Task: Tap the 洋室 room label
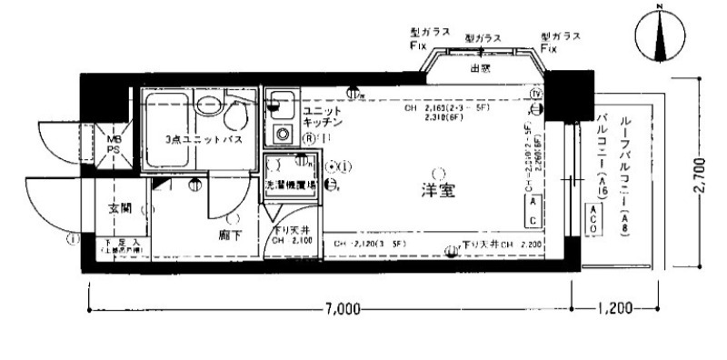pyautogui.click(x=439, y=192)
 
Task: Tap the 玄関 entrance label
pyautogui.click(x=120, y=208)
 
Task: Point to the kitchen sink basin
pyautogui.click(x=280, y=105)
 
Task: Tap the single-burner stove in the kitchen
pyautogui.click(x=283, y=135)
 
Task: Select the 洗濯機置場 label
pyautogui.click(x=291, y=185)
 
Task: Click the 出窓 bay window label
pyautogui.click(x=480, y=68)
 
